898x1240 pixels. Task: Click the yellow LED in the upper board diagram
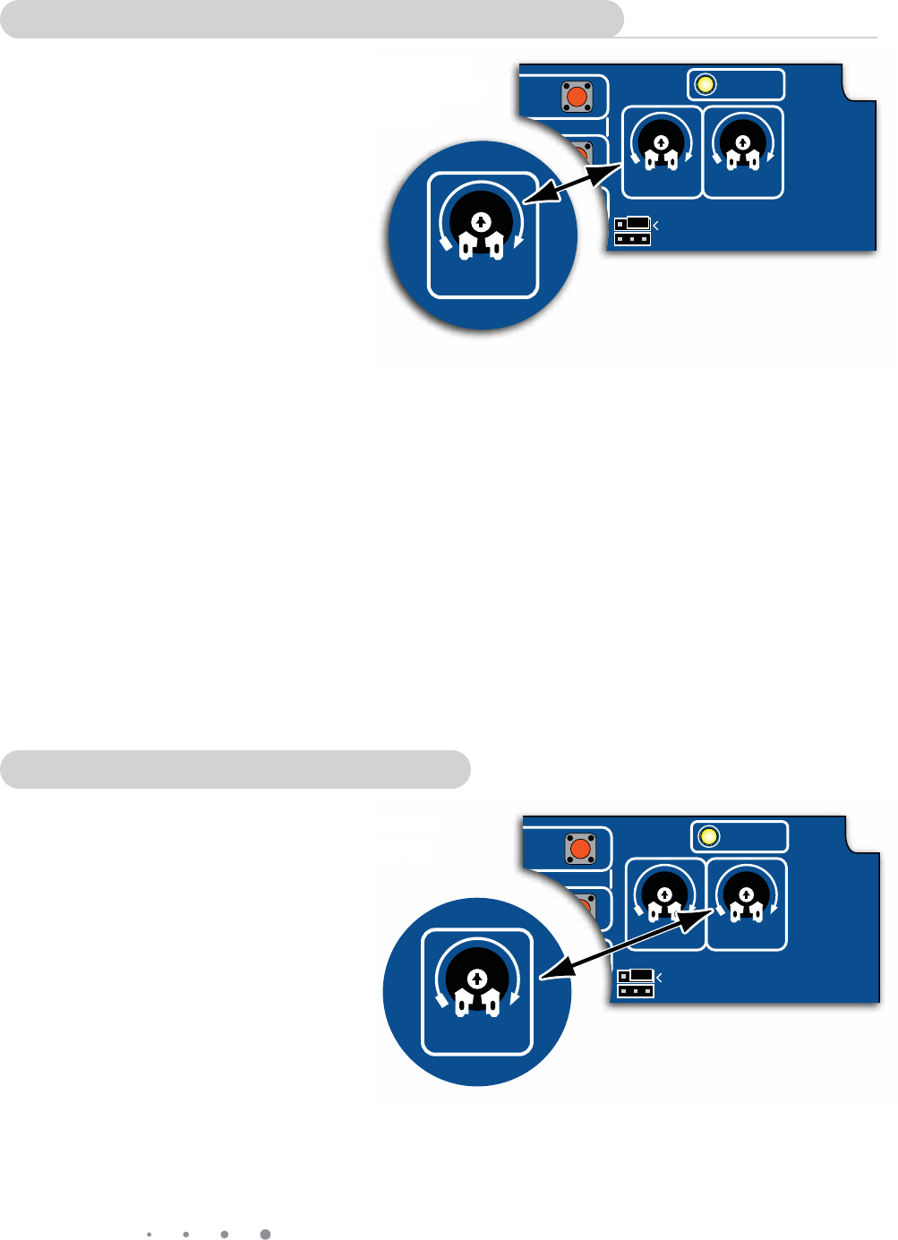coord(706,85)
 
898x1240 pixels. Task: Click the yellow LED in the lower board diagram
coord(708,837)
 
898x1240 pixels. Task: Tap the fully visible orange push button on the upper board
coord(577,96)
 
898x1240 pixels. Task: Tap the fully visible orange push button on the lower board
coord(580,848)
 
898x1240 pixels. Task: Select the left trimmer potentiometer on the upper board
coord(661,146)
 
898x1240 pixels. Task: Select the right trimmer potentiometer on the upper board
coord(742,146)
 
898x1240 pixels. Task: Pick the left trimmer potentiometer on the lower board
coord(664,898)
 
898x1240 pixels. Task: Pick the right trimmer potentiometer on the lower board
coord(745,898)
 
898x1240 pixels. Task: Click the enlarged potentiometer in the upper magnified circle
coord(482,227)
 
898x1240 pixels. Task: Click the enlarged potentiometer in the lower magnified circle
coord(476,982)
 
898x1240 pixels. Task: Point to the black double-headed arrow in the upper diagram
coord(572,185)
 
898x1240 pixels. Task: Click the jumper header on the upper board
coord(632,231)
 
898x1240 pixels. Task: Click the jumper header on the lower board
coord(636,983)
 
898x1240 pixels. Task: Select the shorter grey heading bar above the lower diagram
coord(235,769)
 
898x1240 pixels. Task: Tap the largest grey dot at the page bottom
coord(265,1234)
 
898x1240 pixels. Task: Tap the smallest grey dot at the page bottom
coord(149,1234)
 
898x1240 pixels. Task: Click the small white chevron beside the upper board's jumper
coord(656,224)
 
